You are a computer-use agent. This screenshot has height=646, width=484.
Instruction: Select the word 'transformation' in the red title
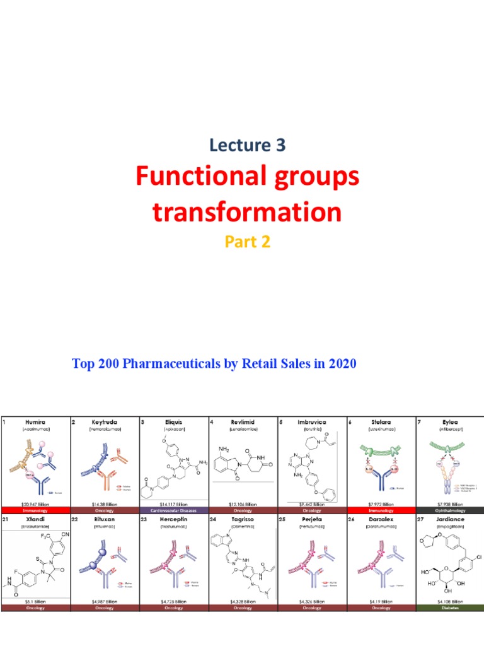point(246,212)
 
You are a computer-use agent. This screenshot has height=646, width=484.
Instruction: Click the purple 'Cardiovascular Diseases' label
point(173,510)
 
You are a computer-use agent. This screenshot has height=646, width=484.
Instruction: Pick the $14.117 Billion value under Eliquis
point(173,503)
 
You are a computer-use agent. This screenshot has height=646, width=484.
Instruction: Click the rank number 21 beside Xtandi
point(6,518)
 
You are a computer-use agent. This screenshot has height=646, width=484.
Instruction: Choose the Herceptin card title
point(173,518)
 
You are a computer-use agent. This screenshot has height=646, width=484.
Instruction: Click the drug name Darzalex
point(381,518)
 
